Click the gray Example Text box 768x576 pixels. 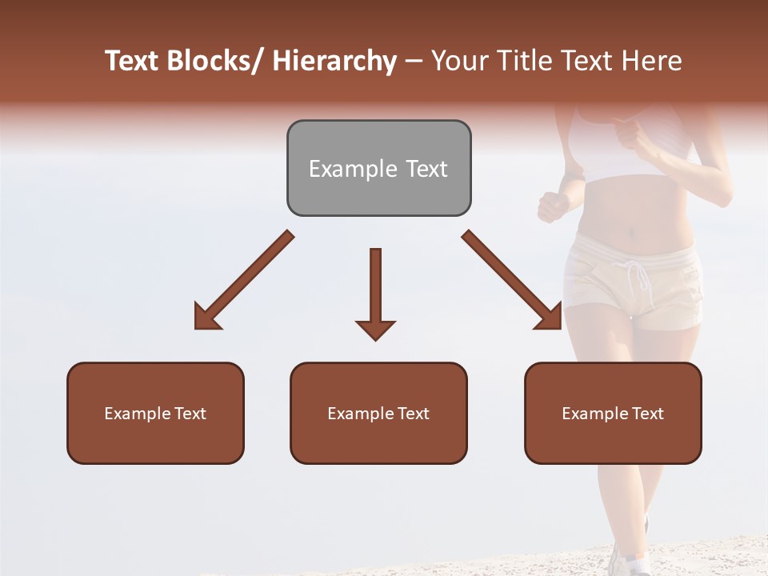point(378,168)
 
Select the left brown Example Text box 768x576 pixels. point(155,413)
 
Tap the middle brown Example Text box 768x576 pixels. point(378,413)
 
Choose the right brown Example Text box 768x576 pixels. point(613,413)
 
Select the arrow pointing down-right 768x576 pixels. point(513,281)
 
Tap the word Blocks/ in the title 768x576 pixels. point(217,61)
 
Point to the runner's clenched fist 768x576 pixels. point(552,206)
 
